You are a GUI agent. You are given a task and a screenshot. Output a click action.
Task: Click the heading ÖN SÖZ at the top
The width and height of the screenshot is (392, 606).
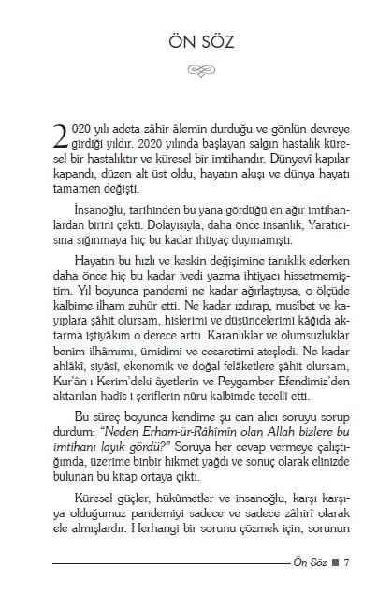click(x=196, y=43)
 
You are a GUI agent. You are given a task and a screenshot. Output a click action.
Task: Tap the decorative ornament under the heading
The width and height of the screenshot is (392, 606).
click(x=196, y=69)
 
